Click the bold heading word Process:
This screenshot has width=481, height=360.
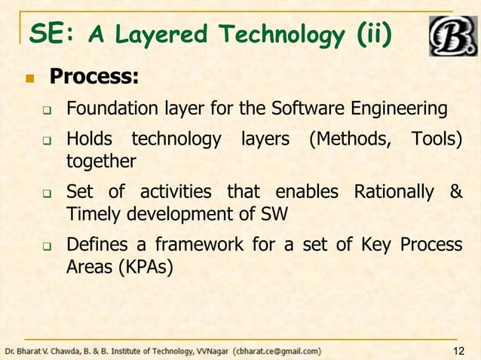click(94, 78)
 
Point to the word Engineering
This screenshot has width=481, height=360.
click(404, 111)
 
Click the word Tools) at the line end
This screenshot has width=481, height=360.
click(436, 141)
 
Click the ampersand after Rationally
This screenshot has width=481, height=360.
click(455, 192)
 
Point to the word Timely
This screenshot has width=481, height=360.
click(89, 213)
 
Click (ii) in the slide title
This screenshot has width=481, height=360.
click(374, 33)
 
